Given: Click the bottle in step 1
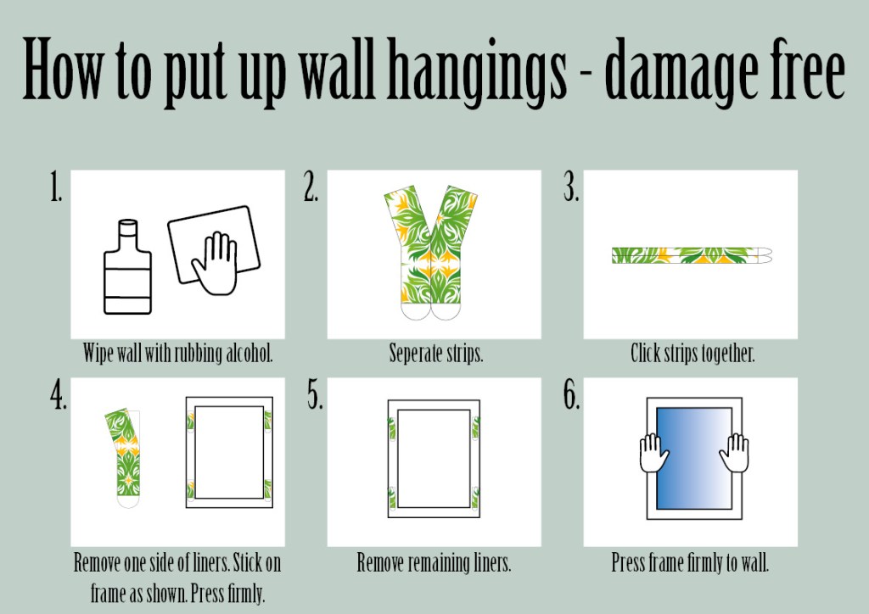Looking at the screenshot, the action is pyautogui.click(x=127, y=267).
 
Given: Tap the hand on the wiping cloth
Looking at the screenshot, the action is pyautogui.click(x=216, y=264).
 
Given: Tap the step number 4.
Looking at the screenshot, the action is pyautogui.click(x=59, y=394).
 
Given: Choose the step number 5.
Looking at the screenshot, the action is pyautogui.click(x=316, y=394).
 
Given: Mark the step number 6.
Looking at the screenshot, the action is pyautogui.click(x=572, y=394).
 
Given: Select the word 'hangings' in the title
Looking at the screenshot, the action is pyautogui.click(x=477, y=72).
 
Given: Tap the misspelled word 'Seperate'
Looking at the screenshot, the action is pyautogui.click(x=416, y=354).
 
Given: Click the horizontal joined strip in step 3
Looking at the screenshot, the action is pyautogui.click(x=692, y=255).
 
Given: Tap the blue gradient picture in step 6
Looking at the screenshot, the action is pyautogui.click(x=694, y=459).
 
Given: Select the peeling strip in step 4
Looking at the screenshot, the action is pyautogui.click(x=126, y=457).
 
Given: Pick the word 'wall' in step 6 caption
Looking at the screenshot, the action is pyautogui.click(x=754, y=562).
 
